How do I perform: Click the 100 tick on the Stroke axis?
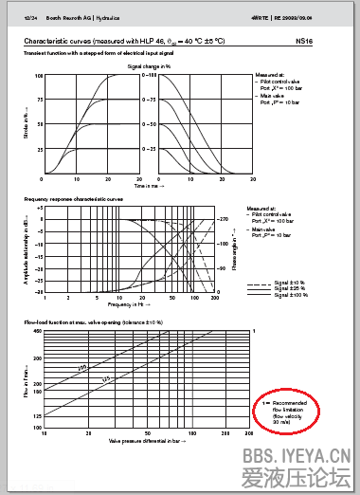tap(39, 75)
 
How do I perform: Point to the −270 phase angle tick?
tap(225, 220)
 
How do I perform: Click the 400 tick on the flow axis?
tap(38, 332)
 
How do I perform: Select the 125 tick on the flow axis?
tap(38, 416)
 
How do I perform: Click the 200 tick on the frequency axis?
tap(215, 298)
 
